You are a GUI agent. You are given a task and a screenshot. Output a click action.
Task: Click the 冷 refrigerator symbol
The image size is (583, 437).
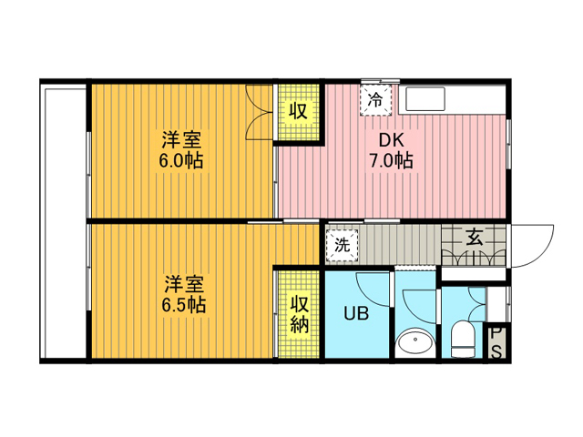[375, 100]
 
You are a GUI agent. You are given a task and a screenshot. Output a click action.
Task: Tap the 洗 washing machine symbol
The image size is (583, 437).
[343, 246]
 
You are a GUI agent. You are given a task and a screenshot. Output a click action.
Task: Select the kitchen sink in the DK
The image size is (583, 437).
[425, 99]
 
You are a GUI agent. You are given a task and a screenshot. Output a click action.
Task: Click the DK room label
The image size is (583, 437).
[391, 140]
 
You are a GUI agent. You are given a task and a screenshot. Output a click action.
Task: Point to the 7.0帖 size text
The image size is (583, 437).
[391, 161]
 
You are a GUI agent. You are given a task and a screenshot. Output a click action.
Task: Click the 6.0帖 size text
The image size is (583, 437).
[181, 161]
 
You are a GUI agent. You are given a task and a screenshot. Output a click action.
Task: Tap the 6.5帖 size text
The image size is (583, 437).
[183, 305]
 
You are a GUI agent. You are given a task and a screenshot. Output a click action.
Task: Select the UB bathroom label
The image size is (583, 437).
[356, 313]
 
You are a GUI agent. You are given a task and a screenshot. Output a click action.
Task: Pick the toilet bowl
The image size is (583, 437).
[463, 339]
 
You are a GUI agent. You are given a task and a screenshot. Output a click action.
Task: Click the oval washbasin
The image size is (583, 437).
[415, 342]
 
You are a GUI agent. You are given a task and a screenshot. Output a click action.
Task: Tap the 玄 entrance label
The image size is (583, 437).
[475, 239]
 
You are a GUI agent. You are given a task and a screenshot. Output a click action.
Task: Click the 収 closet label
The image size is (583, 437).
[299, 110]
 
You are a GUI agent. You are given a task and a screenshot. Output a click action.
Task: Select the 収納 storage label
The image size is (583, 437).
[300, 314]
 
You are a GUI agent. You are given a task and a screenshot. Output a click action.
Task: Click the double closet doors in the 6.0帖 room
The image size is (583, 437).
[260, 113]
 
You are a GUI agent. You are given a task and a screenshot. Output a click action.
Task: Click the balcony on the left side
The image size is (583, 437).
[63, 221]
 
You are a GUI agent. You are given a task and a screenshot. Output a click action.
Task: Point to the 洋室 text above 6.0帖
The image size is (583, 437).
[181, 139]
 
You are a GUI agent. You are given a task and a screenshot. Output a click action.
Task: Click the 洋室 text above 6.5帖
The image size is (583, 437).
[184, 284]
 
